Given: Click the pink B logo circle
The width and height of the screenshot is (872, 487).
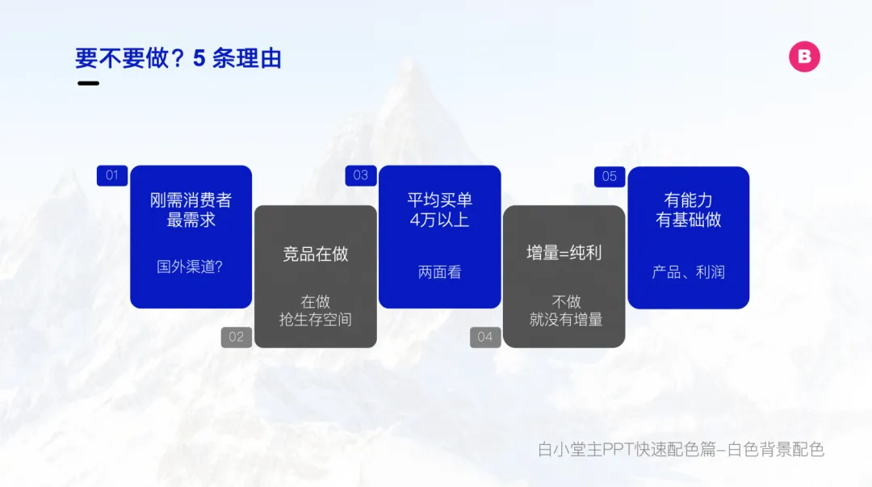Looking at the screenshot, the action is click(804, 57).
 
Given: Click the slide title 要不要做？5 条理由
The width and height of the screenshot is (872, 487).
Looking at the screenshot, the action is click(178, 58).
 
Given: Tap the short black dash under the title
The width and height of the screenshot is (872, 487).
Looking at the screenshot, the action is click(89, 83).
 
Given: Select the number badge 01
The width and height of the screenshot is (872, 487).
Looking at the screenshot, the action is click(111, 175).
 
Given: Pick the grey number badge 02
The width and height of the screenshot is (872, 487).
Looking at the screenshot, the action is click(237, 338).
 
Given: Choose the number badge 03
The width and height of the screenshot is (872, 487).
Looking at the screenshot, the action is click(360, 175).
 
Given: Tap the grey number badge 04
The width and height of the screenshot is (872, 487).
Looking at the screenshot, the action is click(485, 338).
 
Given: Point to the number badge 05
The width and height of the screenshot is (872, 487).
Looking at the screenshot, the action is click(610, 176).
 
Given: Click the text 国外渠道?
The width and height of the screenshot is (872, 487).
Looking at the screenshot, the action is click(190, 267).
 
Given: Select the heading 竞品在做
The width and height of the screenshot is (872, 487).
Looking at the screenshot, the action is click(316, 254).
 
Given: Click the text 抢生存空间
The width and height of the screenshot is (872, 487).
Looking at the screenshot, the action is click(316, 320).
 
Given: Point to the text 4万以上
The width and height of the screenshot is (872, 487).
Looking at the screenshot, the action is click(439, 220).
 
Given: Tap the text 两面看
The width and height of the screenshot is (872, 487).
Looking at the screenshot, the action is click(439, 272).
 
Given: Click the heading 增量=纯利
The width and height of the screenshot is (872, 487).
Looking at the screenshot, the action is click(564, 254).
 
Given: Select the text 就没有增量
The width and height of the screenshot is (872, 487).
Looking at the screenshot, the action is click(566, 320).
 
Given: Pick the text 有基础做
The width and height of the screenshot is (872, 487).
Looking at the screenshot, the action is click(689, 220).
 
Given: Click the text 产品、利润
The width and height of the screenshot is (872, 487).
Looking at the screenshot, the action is click(689, 272).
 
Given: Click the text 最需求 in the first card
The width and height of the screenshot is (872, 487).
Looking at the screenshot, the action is click(191, 220).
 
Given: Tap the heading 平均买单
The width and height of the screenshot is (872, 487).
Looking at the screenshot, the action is click(439, 200).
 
